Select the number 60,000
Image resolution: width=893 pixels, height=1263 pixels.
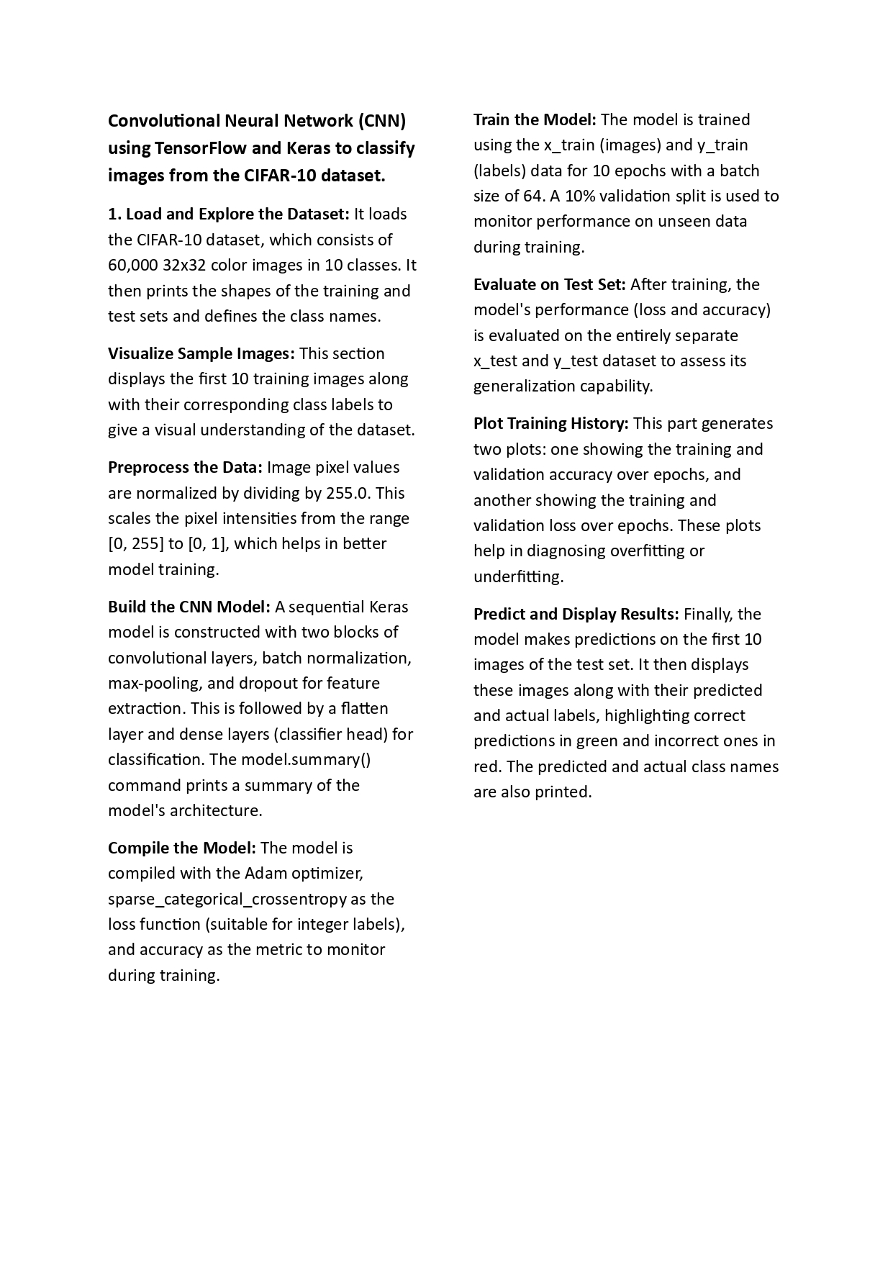pyautogui.click(x=132, y=265)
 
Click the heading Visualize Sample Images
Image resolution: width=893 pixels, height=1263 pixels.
pyautogui.click(x=201, y=353)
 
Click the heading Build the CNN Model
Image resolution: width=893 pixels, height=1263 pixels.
pyautogui.click(x=189, y=607)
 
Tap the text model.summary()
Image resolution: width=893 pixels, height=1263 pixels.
pyautogui.click(x=306, y=759)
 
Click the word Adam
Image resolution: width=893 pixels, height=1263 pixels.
pyautogui.click(x=266, y=873)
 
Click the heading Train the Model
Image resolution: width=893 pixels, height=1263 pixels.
pyautogui.click(x=534, y=119)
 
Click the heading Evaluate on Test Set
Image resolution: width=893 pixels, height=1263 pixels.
pyautogui.click(x=549, y=284)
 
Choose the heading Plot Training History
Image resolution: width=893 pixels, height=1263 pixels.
pyautogui.click(x=550, y=423)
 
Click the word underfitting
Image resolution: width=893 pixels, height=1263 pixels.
pyautogui.click(x=518, y=576)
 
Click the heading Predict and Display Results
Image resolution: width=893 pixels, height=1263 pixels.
pyautogui.click(x=576, y=614)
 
